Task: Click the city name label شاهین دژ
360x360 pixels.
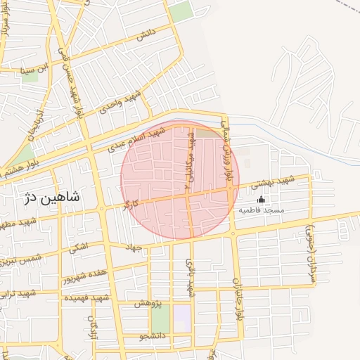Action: (52, 198)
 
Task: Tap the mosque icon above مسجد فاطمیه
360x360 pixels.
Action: (261, 200)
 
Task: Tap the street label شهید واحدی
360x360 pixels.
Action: (121, 101)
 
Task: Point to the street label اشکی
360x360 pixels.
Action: (78, 247)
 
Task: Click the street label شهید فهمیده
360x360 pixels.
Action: (84, 298)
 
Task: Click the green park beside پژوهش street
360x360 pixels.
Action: (161, 321)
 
